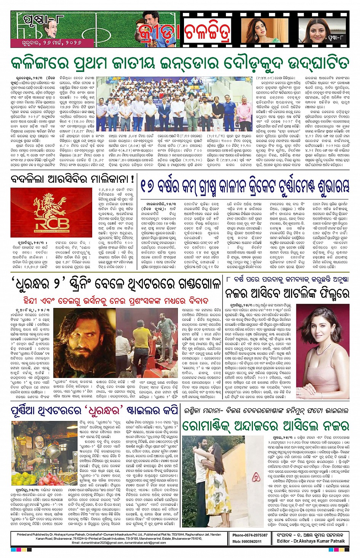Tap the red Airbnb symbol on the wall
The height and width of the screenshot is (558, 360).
coord(256,476)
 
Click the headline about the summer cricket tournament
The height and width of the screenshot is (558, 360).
coord(244,186)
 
